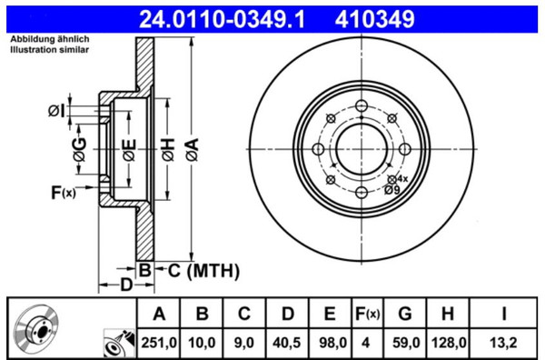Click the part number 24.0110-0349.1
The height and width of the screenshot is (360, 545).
pyautogui.click(x=222, y=19)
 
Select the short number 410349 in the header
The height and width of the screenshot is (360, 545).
pyautogui.click(x=374, y=19)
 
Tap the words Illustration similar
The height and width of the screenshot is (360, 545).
pyautogui.click(x=49, y=50)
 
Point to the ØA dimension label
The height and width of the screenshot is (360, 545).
pyautogui.click(x=193, y=150)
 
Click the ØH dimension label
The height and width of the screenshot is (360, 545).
pyautogui.click(x=168, y=150)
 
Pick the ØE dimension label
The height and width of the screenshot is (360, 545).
pyautogui.click(x=129, y=150)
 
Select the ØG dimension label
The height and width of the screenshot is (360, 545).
pyautogui.click(x=80, y=150)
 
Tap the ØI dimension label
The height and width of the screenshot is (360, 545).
pyautogui.click(x=56, y=111)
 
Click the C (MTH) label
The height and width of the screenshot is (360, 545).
pyautogui.click(x=203, y=271)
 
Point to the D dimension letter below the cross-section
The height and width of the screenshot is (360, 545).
pyautogui.click(x=126, y=285)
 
